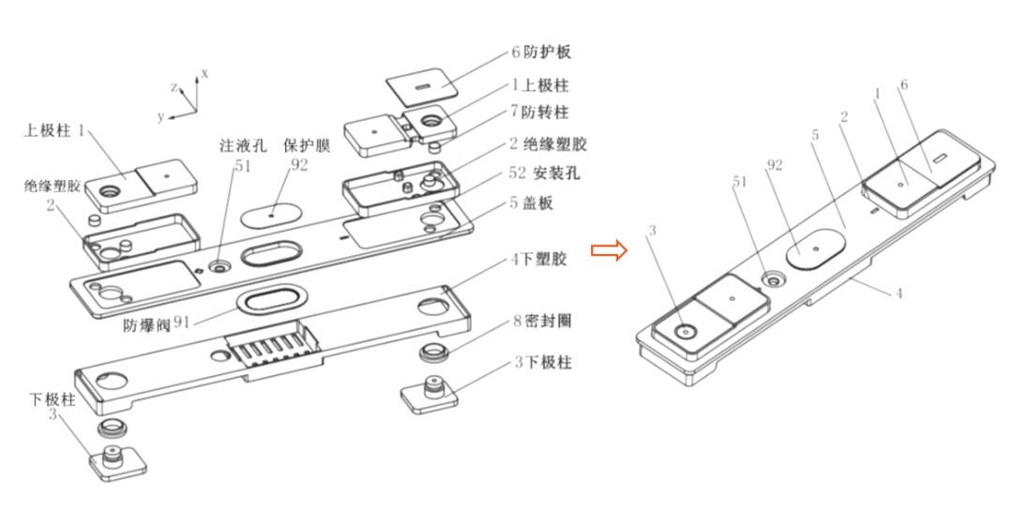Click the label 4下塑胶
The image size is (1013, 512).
(x=537, y=258)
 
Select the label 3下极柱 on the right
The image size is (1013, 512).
(x=540, y=361)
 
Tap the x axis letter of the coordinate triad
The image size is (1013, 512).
(x=204, y=72)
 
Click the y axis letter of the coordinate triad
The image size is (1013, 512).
(x=160, y=116)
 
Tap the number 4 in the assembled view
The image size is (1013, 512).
(x=898, y=294)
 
